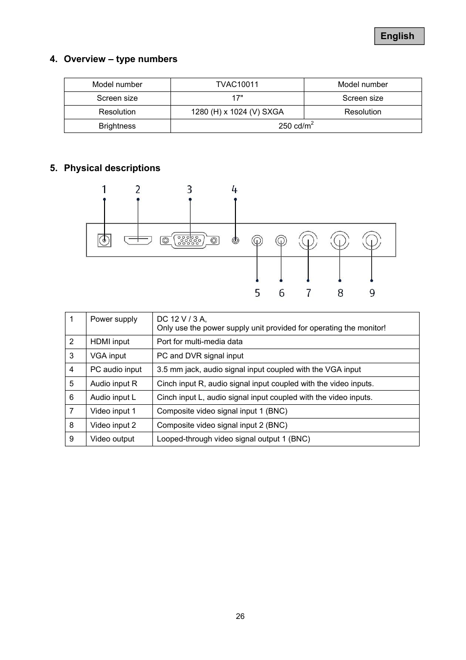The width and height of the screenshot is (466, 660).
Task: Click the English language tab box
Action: [x=399, y=36]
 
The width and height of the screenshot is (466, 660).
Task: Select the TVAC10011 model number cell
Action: [x=237, y=85]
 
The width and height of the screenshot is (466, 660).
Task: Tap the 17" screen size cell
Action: [x=237, y=98]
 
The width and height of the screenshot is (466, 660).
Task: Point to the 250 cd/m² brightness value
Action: [x=296, y=126]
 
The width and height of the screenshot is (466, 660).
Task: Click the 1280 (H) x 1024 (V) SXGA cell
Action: [x=237, y=112]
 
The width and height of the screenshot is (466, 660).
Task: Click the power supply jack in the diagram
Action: [x=104, y=241]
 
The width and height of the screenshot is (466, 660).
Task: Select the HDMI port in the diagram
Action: [x=138, y=240]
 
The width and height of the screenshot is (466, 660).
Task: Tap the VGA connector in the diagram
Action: [x=190, y=240]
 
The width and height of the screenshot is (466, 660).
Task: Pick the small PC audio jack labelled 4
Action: [x=235, y=241]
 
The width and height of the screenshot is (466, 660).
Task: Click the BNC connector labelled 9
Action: [x=372, y=241]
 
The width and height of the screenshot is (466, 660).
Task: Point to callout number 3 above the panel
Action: [x=190, y=189]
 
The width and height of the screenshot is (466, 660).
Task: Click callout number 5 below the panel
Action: [x=257, y=293]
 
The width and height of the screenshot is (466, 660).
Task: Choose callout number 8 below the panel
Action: [x=340, y=293]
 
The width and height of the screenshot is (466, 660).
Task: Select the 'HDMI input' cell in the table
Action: [x=110, y=342]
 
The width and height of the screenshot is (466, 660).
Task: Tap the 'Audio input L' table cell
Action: [x=113, y=397]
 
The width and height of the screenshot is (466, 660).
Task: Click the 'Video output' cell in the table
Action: [x=112, y=439]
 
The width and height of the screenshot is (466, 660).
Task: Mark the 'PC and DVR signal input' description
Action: [x=200, y=356]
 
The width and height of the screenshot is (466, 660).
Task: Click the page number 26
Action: [x=240, y=616]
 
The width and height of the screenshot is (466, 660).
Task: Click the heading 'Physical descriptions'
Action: [x=112, y=168]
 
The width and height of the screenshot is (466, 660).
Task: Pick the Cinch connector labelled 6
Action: [x=281, y=241]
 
